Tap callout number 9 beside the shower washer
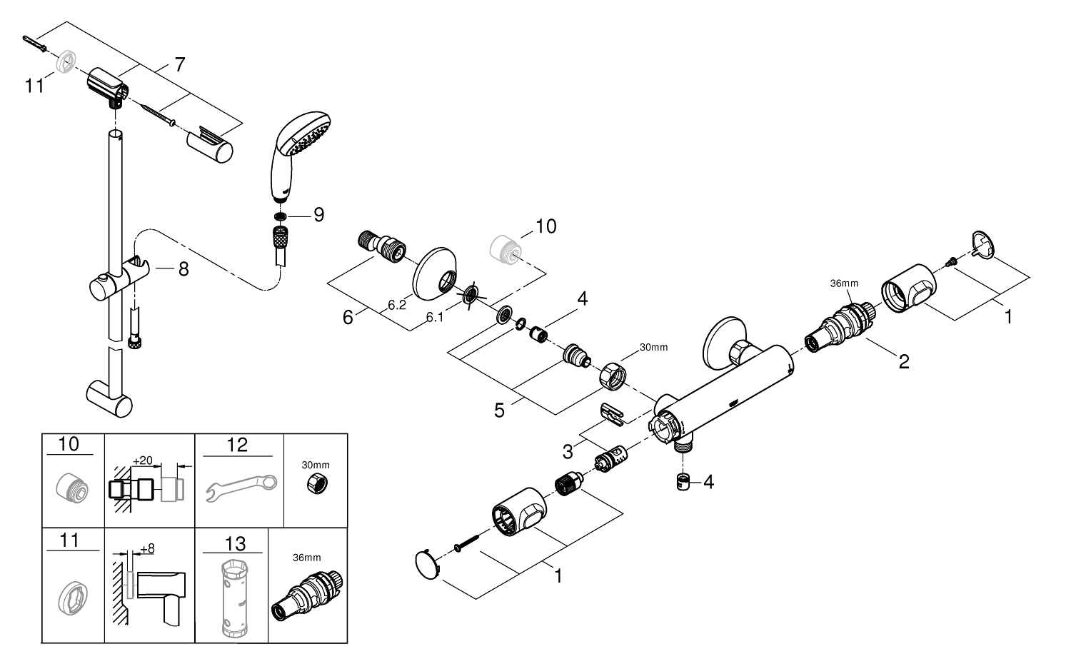(x=319, y=215)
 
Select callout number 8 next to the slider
(x=183, y=269)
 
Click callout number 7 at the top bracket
(x=180, y=64)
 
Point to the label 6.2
(x=396, y=305)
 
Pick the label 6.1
(x=435, y=317)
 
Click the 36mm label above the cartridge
(x=844, y=283)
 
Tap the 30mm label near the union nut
(x=653, y=348)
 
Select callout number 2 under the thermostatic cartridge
(x=904, y=361)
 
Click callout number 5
(x=499, y=411)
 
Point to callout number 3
(x=568, y=451)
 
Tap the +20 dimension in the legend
(x=143, y=461)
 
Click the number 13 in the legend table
(x=235, y=543)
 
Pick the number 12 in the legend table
(x=237, y=445)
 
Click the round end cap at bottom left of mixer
(x=428, y=565)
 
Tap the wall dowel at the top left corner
(x=35, y=44)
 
